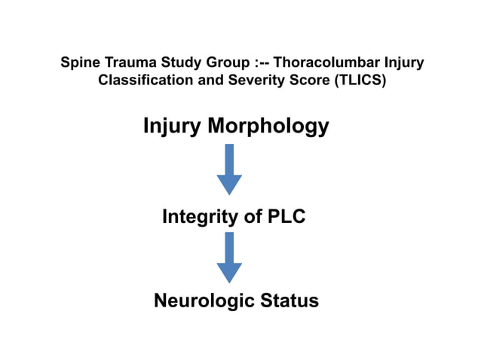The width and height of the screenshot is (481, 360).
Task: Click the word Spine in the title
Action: click(78, 62)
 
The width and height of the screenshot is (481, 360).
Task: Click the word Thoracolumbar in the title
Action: click(321, 62)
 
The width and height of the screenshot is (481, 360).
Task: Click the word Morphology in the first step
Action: click(268, 126)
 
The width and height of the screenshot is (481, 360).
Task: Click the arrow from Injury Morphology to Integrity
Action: click(229, 169)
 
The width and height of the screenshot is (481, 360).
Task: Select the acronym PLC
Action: click(286, 218)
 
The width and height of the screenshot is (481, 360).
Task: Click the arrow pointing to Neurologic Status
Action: click(229, 258)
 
